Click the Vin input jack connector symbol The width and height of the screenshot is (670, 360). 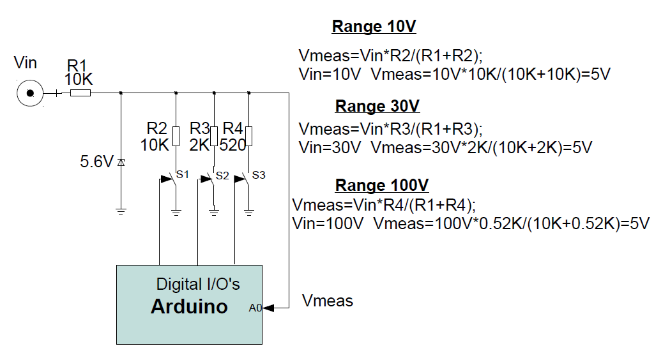point(29,94)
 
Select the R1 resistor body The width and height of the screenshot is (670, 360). point(80,93)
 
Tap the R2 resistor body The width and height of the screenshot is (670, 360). point(176,136)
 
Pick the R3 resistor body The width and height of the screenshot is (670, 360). point(214,136)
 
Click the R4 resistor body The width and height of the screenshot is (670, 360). point(250,136)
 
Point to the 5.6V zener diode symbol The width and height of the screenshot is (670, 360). point(121,163)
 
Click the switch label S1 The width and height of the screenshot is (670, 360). point(183,175)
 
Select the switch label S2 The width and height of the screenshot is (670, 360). point(222,176)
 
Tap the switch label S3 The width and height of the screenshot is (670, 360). point(259,175)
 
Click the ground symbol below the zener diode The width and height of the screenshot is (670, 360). point(121,210)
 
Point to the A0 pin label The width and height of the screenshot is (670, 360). point(255,308)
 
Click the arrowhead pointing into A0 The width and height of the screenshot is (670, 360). point(268,308)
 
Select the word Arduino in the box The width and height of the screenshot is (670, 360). point(189,306)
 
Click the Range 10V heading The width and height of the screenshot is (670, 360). point(374,27)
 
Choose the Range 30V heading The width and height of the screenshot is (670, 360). point(377,106)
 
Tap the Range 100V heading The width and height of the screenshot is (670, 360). point(382,186)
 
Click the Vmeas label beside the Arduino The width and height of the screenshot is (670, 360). point(328,301)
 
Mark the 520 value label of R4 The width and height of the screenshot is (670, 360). point(232,145)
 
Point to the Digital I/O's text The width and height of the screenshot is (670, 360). point(198,283)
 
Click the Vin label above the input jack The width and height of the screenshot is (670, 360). point(26,63)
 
